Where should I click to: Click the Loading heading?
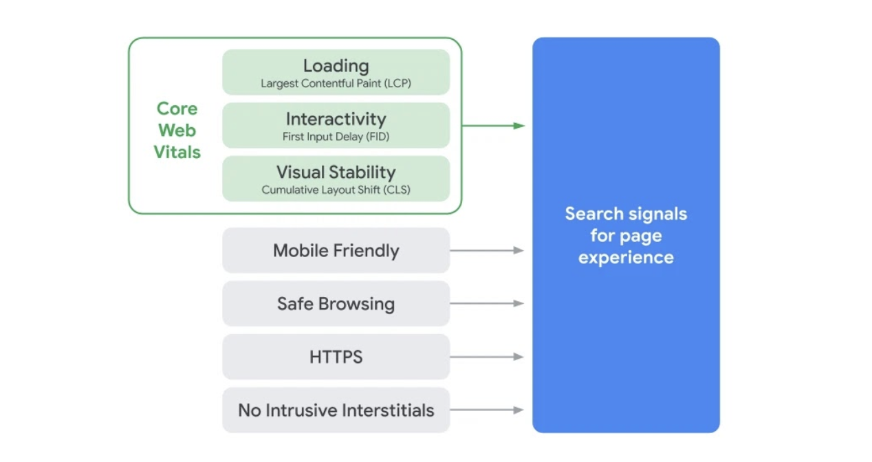336,66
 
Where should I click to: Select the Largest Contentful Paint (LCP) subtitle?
336,84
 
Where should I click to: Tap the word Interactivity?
336,119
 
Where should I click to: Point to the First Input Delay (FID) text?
336,137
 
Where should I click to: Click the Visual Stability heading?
336,172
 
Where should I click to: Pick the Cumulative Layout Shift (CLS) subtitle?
336,190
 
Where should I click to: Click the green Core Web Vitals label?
177,130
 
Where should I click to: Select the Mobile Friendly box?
336,250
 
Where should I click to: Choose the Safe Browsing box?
336,303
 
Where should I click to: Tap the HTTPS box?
336,357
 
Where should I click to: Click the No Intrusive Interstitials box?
336,410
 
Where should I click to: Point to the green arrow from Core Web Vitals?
492,126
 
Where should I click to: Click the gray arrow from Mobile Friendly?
487,250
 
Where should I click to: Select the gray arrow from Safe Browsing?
487,303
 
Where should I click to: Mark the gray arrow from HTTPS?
487,357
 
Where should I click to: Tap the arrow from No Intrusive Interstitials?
487,410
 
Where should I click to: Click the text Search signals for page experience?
626,235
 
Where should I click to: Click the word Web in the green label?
177,131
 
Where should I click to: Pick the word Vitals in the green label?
177,152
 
